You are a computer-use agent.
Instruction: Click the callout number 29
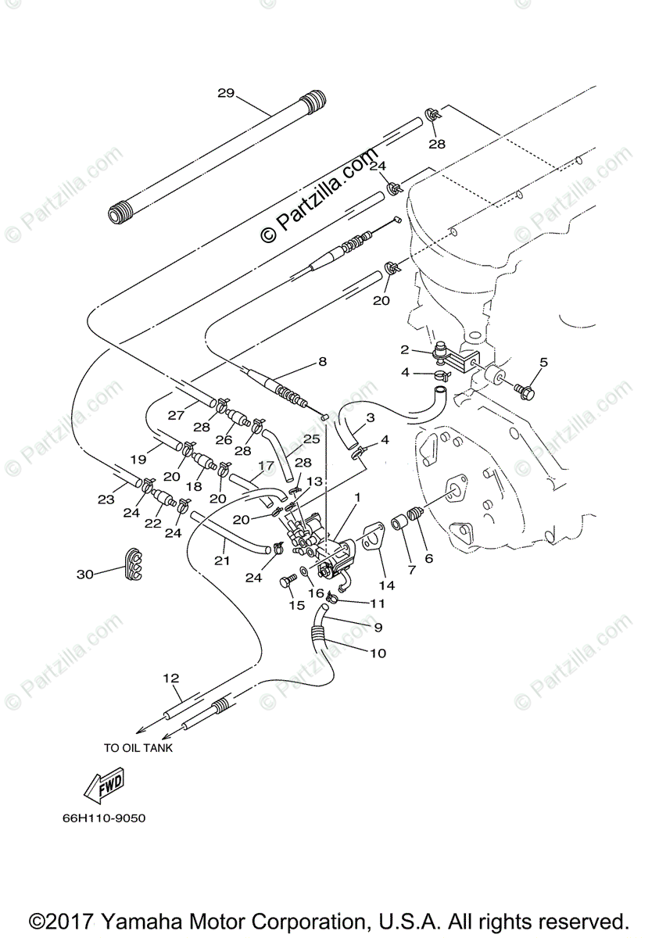click(x=226, y=93)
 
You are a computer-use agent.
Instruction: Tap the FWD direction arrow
click(x=107, y=786)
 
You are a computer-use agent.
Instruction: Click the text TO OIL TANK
click(x=138, y=747)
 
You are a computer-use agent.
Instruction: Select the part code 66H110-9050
click(x=105, y=819)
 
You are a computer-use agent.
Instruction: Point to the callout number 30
click(x=85, y=574)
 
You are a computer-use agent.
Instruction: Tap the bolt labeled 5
click(x=523, y=387)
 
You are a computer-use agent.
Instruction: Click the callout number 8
click(x=321, y=361)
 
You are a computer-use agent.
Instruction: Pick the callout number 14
click(x=386, y=585)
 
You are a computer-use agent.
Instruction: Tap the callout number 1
click(x=357, y=497)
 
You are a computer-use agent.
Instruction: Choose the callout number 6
click(x=428, y=559)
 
